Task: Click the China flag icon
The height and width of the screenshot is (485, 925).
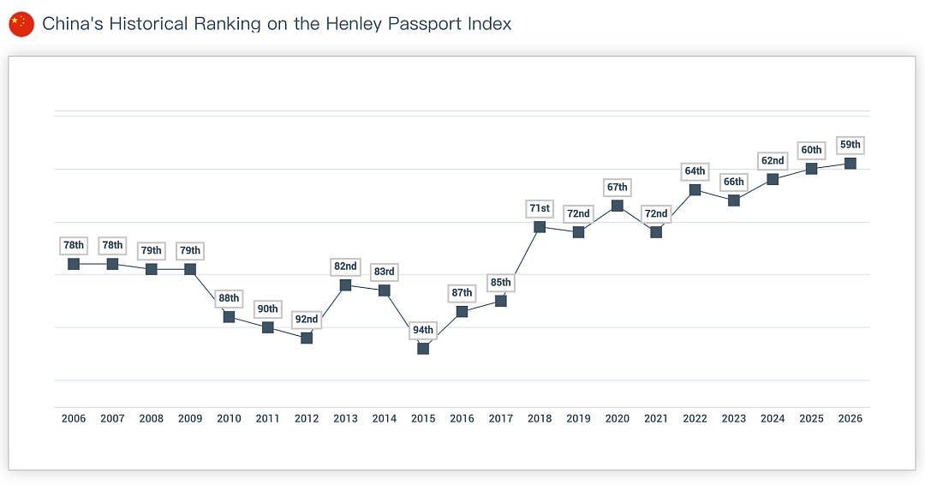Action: pos(21,24)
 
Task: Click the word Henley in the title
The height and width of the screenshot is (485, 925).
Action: pos(353,24)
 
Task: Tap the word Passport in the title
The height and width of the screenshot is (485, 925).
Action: pos(424,24)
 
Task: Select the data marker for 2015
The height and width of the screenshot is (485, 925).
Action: pos(423,348)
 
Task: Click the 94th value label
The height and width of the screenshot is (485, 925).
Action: pos(423,330)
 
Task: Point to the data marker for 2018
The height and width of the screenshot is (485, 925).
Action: pos(540,226)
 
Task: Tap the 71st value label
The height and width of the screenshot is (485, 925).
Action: pos(540,208)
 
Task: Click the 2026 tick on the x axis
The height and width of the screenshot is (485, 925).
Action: pos(850,418)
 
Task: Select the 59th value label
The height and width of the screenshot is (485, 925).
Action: pos(850,145)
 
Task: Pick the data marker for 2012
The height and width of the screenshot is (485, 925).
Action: pos(307,338)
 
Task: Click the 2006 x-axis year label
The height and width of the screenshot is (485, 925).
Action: pos(74,418)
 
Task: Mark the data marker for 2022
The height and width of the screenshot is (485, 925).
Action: pos(695,189)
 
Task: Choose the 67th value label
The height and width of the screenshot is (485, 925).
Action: pos(617,187)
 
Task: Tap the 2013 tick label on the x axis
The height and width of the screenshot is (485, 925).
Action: pos(346,418)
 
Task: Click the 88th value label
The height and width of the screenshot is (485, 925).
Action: pos(229,298)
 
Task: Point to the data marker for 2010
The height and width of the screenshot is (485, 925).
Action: pos(229,316)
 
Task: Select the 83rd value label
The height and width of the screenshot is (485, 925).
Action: pos(384,272)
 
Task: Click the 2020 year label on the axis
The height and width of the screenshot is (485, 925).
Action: pos(617,418)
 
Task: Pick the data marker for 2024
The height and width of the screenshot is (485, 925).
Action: pos(773,179)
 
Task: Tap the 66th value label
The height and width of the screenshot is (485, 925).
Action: pos(734,182)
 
